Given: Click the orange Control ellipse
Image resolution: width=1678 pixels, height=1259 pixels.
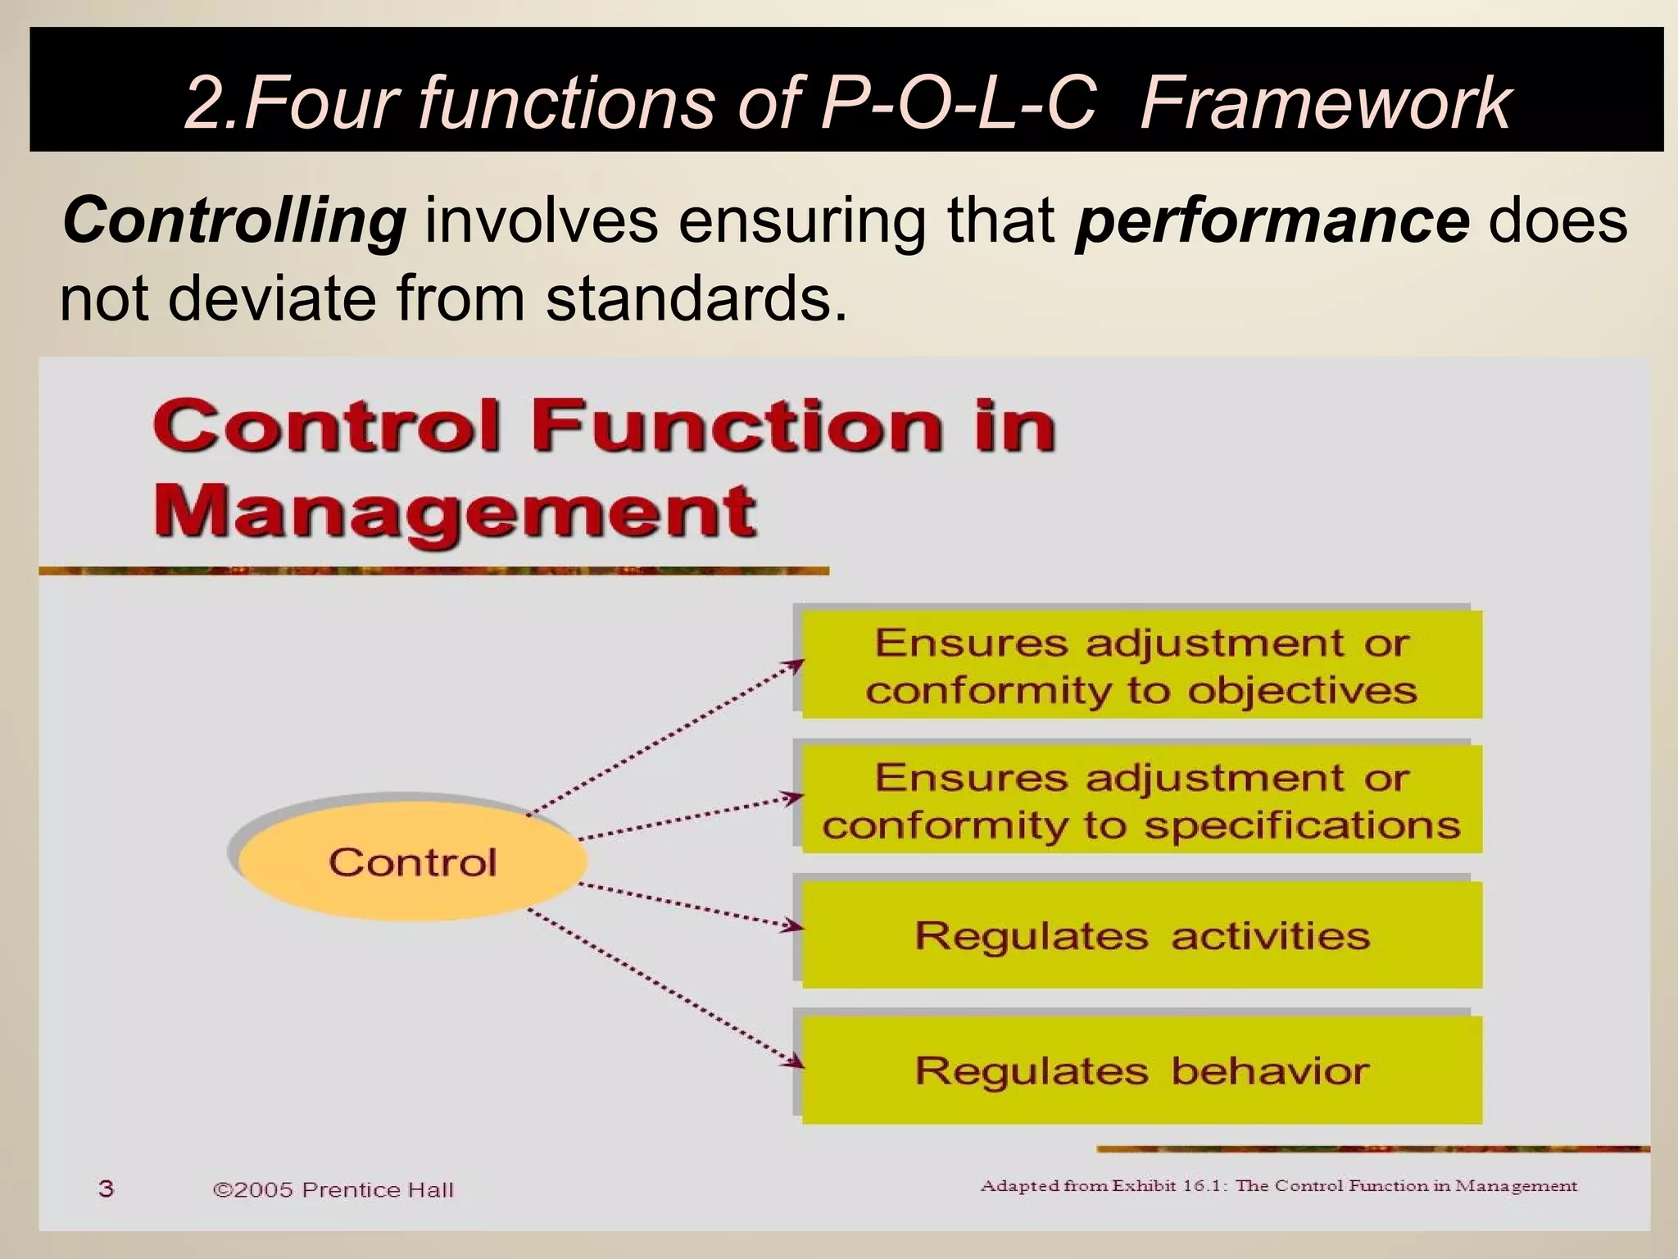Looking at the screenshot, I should [x=412, y=861].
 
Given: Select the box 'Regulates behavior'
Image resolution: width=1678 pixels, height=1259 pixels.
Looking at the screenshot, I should [x=1141, y=1070].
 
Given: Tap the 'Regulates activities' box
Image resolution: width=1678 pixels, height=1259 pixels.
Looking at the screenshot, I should [x=1141, y=934].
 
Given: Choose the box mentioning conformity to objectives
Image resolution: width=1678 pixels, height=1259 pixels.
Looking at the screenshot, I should [x=1141, y=665].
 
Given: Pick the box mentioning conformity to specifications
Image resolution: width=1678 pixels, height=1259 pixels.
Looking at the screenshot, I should [x=1141, y=799].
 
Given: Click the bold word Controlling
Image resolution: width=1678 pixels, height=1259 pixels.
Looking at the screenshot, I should [x=234, y=221].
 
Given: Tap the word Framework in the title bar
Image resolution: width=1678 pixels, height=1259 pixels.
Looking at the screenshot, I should [x=1325, y=102].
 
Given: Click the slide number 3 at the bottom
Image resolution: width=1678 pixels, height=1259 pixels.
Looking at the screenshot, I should [x=106, y=1188].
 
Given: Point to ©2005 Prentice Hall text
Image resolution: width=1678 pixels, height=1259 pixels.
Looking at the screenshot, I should [x=333, y=1189].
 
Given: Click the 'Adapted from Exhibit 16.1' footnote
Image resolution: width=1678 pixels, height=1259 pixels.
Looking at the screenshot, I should [x=1278, y=1185].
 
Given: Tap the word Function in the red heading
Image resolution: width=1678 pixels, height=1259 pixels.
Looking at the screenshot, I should [x=736, y=426].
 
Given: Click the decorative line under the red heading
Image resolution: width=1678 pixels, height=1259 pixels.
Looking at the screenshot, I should [x=434, y=570].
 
